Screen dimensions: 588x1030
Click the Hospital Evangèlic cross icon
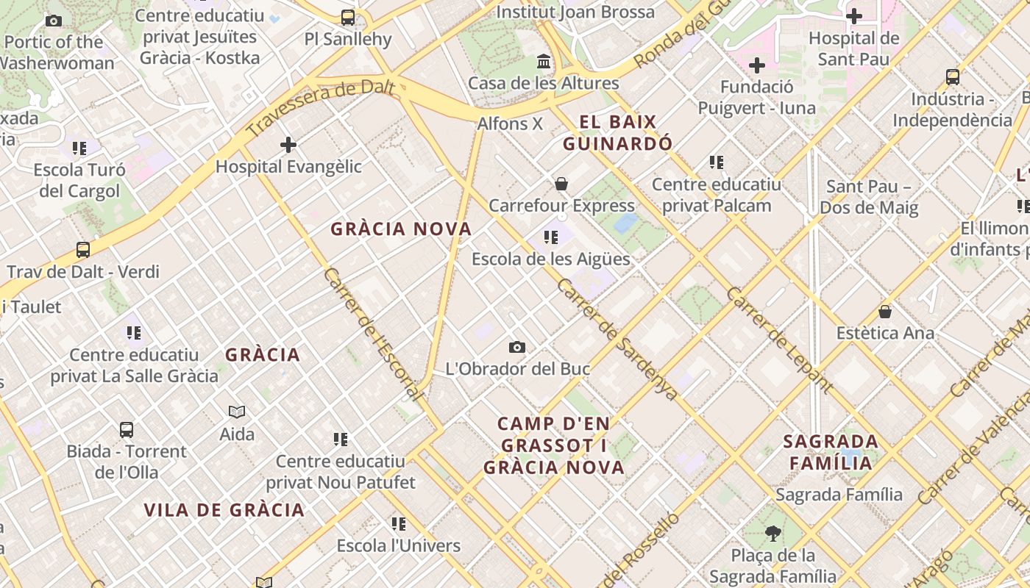[288, 145]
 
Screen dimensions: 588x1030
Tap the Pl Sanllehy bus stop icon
[348, 17]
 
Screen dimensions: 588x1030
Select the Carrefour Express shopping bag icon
[561, 184]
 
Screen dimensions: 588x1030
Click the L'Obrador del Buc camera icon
[517, 347]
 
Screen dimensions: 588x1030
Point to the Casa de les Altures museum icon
[544, 61]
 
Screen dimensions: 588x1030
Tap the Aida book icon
[237, 412]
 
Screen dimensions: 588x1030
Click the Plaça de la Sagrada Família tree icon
[772, 533]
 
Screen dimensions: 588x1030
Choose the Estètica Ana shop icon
[885, 312]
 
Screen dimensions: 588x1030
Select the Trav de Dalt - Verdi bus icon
[83, 250]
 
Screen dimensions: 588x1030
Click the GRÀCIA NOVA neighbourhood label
[401, 229]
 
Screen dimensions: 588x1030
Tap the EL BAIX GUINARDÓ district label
[618, 133]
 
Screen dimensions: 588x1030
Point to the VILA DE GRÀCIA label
[224, 510]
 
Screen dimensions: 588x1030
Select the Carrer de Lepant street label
[779, 340]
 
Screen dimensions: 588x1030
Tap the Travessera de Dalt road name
[321, 109]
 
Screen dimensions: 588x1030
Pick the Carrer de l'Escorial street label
[373, 334]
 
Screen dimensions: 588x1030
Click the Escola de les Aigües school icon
[550, 237]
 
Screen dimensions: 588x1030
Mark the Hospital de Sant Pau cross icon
[854, 15]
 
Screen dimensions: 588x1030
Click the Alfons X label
[510, 123]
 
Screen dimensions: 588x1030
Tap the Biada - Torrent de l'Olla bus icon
[127, 430]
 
